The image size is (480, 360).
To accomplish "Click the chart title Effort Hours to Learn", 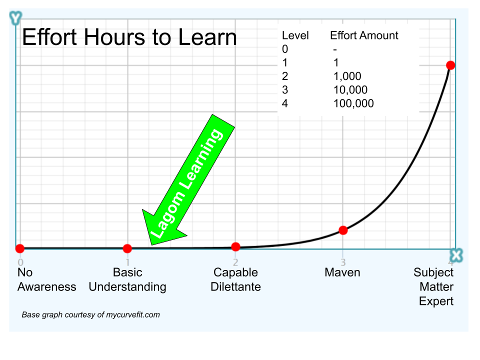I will click(x=129, y=38).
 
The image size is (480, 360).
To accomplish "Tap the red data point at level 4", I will click(x=450, y=65).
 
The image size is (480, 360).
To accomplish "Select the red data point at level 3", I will click(x=343, y=230).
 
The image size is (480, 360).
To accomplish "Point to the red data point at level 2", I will click(x=236, y=246).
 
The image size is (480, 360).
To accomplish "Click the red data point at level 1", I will click(x=127, y=248).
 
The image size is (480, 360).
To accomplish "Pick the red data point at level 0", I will click(x=19, y=248).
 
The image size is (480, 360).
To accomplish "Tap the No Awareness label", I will click(x=46, y=279).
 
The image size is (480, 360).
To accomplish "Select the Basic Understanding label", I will click(x=127, y=279).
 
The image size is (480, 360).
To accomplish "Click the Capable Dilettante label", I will click(x=235, y=279).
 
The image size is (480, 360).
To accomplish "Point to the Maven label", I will click(x=342, y=272).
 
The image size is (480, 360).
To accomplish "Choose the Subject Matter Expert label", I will click(x=433, y=286).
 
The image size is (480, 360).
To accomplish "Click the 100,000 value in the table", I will click(x=353, y=103).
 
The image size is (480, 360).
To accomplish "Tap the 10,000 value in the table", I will click(x=350, y=90).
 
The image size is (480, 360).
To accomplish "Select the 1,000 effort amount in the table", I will click(x=347, y=76).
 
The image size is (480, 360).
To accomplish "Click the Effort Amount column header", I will click(x=364, y=35).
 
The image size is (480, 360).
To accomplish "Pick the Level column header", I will click(x=295, y=35).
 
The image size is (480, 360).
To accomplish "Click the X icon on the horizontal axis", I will click(x=456, y=255).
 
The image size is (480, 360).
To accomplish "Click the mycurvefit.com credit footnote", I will click(x=90, y=315).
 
